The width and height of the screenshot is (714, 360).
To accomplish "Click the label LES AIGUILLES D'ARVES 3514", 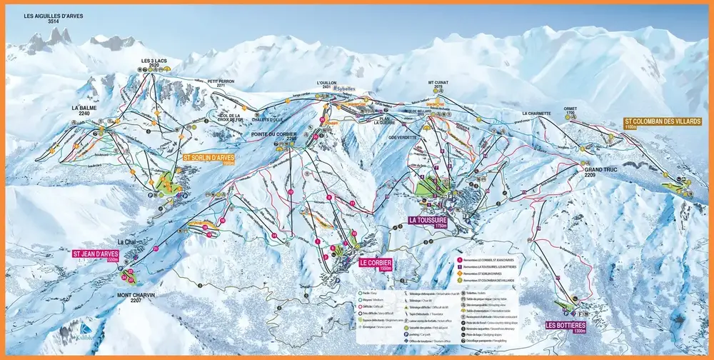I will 52,19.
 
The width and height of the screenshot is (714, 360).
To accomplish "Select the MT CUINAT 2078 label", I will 441,85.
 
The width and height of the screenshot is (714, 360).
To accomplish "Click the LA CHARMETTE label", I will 538,114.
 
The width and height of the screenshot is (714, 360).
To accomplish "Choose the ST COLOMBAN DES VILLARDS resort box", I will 662,123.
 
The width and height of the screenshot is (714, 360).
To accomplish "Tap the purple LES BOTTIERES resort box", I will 565,328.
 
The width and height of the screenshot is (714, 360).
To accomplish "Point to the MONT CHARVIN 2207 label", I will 136,298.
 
